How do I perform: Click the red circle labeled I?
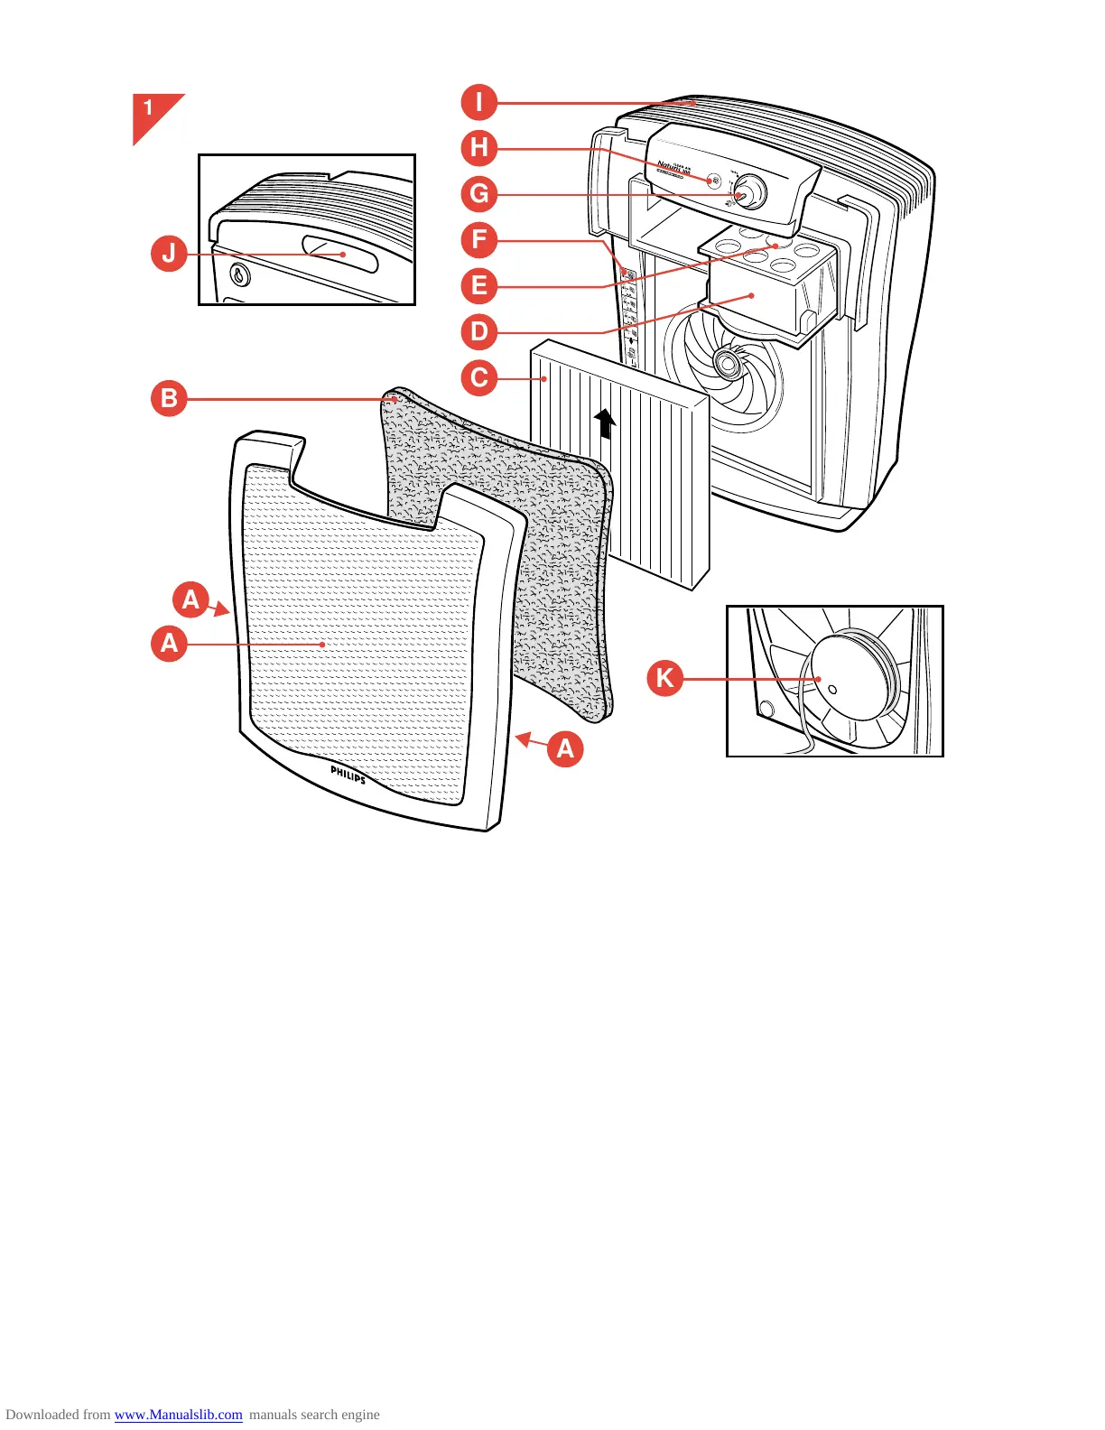479,102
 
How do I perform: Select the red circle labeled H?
479,148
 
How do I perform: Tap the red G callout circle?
479,194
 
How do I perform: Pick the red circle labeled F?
479,240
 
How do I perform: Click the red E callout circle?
479,286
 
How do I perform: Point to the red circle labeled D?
479,332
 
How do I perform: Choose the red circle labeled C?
479,378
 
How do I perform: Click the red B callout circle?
169,398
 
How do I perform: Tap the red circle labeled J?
169,254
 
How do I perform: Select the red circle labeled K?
665,678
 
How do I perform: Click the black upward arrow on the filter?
605,423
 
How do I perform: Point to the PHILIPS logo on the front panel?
348,775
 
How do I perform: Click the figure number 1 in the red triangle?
149,109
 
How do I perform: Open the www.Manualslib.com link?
178,1415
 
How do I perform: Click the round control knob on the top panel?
748,191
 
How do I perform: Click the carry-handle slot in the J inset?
339,254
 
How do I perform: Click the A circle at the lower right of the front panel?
565,748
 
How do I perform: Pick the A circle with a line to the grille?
169,644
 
